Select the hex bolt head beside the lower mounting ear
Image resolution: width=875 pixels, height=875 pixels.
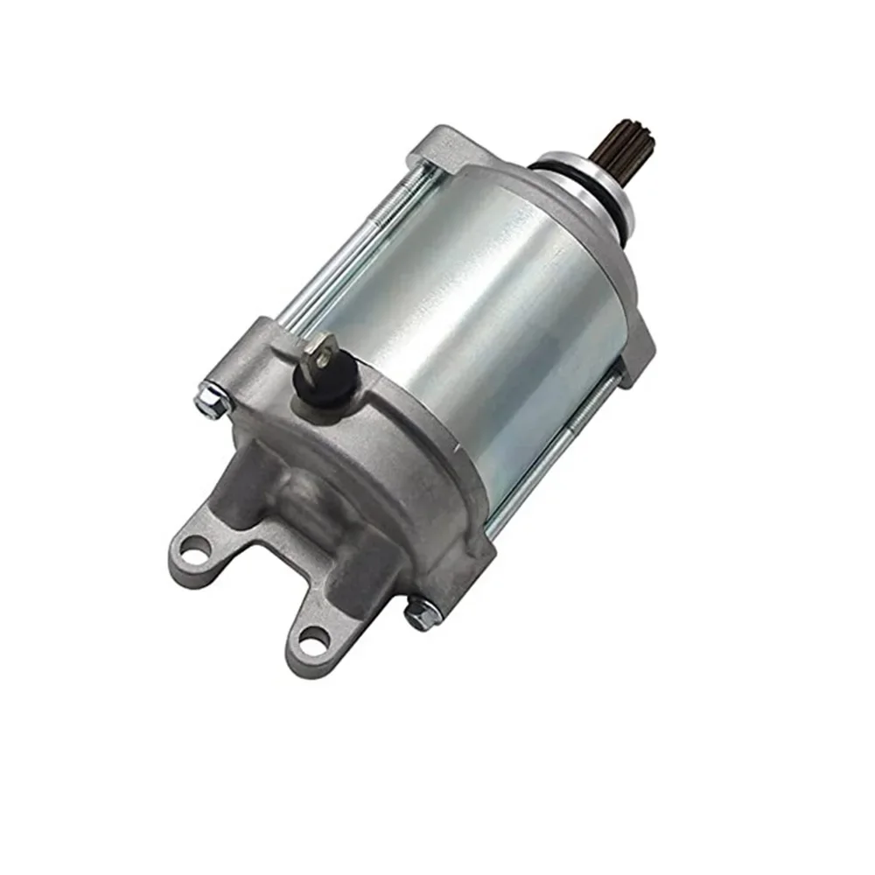[x=421, y=613]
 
